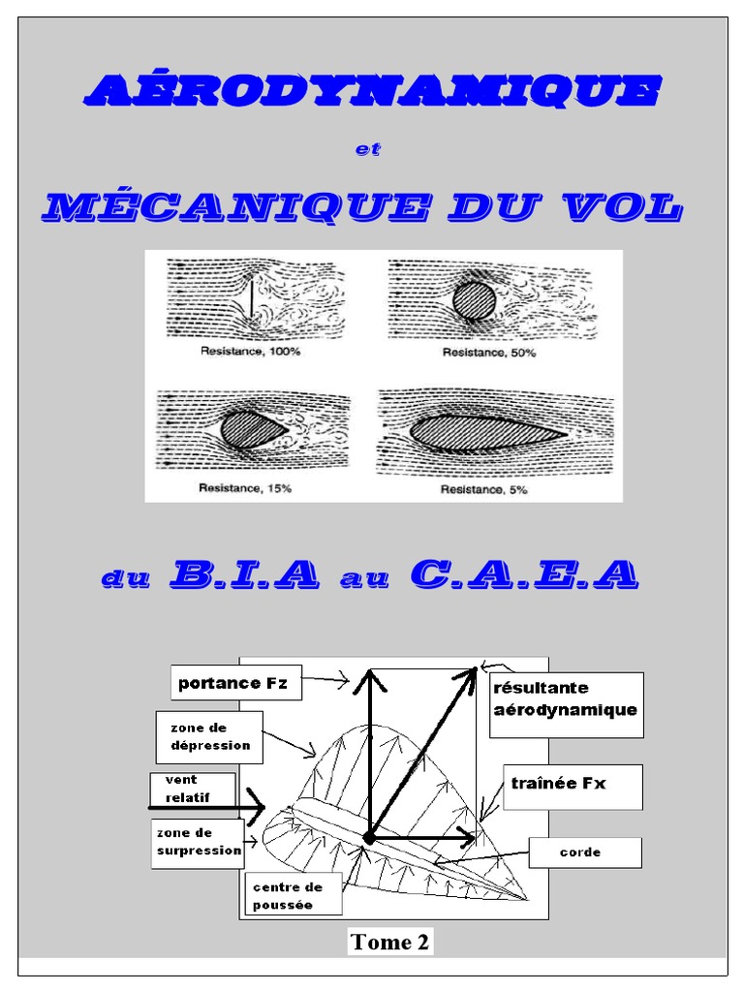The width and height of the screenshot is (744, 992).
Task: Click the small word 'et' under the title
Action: coord(370,149)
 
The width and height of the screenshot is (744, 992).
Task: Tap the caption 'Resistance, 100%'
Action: coord(250,353)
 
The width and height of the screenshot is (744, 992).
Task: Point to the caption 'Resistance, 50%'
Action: coord(489,353)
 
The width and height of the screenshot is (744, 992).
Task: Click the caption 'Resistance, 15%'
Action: coord(245,489)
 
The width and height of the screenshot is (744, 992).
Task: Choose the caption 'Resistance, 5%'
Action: coord(484,490)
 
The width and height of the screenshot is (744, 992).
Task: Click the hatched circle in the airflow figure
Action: coord(474,299)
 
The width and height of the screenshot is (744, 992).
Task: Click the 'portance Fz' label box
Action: coord(234,683)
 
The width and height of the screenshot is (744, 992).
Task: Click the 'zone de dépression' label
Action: coord(209,736)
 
